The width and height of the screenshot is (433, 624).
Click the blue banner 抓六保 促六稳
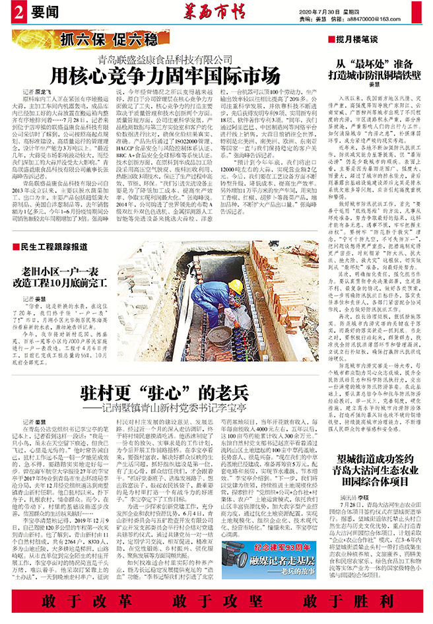pos(95,39)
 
